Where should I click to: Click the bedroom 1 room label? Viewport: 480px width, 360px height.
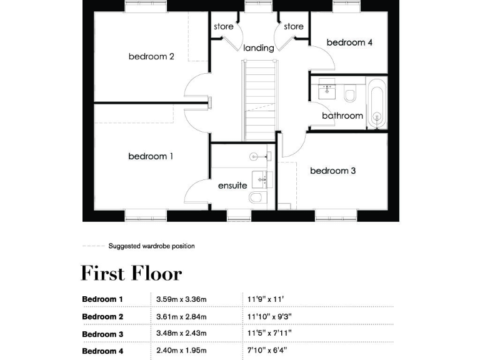(151, 156)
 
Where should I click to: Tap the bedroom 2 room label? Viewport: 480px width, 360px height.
(151, 56)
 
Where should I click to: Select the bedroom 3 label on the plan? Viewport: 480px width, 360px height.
(332, 171)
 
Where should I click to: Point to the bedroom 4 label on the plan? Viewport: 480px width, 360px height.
(349, 42)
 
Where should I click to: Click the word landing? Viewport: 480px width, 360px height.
(259, 47)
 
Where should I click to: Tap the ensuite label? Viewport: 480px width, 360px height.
(232, 186)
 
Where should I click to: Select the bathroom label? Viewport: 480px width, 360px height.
(342, 116)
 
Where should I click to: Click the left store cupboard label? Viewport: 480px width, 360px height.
(223, 27)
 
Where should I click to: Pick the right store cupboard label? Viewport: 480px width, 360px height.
(294, 27)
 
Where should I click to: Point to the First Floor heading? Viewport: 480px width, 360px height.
(131, 274)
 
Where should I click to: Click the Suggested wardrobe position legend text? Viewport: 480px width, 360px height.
(151, 246)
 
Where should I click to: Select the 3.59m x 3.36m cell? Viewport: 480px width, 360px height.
(181, 299)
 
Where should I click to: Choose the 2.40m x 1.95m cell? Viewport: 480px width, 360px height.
(181, 351)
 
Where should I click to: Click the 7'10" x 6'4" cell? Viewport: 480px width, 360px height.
(267, 351)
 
